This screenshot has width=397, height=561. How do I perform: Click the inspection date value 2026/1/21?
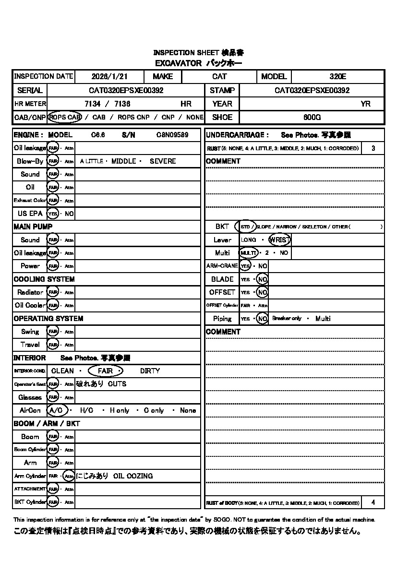[108, 76]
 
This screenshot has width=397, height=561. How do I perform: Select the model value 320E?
[337, 76]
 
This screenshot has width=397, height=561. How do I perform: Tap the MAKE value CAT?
[219, 76]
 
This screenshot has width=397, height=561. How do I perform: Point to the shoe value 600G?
[312, 117]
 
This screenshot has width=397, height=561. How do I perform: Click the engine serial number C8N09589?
[172, 135]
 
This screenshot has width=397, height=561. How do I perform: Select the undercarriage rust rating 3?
[373, 148]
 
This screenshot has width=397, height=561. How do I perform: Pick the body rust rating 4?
[373, 502]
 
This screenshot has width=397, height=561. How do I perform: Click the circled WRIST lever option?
[280, 239]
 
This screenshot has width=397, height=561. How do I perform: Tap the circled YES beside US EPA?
[52, 214]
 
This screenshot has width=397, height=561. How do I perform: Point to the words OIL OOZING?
[133, 476]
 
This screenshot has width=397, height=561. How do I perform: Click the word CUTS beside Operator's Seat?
[117, 384]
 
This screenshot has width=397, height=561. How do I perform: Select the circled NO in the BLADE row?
[262, 279]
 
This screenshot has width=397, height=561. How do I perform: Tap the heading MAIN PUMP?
[33, 227]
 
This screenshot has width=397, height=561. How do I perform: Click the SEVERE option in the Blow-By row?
[163, 161]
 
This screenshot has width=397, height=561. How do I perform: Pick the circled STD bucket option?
[245, 227]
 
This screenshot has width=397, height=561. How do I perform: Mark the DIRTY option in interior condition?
[150, 371]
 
